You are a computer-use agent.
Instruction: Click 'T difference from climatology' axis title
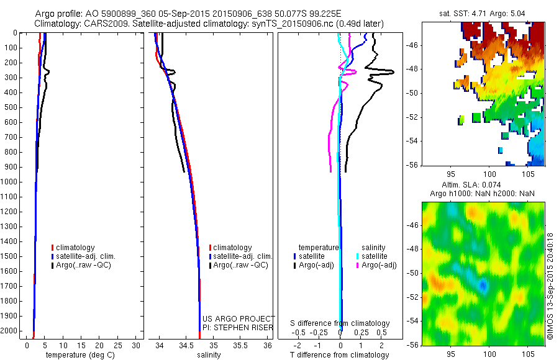click(x=340, y=355)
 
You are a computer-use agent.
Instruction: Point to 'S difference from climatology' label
click(x=340, y=323)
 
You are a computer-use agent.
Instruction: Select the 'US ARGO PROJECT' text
click(x=239, y=318)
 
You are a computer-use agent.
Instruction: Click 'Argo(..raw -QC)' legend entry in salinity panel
click(x=240, y=265)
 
